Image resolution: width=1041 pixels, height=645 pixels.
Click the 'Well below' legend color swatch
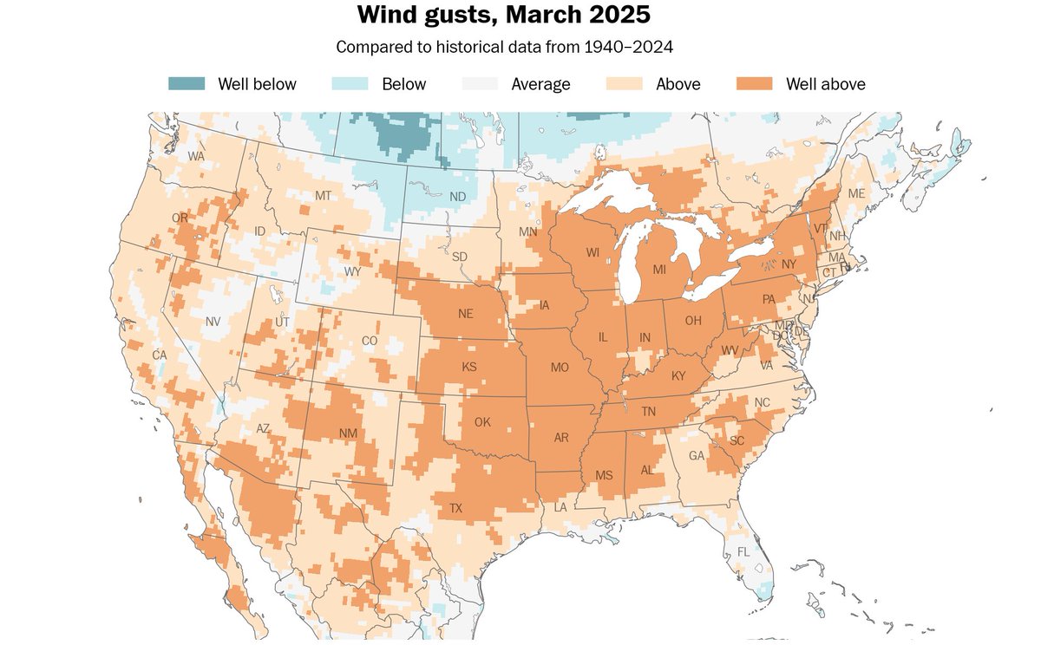[x=187, y=84]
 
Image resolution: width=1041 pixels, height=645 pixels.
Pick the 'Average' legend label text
[x=540, y=84]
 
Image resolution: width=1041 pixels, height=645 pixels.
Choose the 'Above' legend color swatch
[x=625, y=84]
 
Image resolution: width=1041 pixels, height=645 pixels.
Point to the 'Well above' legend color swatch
[x=755, y=84]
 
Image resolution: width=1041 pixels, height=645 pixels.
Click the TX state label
[x=456, y=508]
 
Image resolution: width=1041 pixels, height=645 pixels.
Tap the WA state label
[x=196, y=156]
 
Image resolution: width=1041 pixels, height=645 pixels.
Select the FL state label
[x=743, y=551]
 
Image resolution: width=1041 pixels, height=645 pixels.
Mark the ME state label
[x=856, y=193]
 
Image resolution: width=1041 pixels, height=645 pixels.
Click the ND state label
[x=457, y=197]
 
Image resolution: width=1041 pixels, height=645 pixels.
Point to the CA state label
[x=160, y=355]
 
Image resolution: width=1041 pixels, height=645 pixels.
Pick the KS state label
[x=469, y=367]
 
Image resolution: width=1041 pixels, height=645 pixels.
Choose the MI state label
[x=659, y=270]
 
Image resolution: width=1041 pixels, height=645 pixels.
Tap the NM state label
[x=347, y=433]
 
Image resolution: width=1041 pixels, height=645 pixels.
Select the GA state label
[x=697, y=455]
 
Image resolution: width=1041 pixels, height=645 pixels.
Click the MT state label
[x=324, y=196]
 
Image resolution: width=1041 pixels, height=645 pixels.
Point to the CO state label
[x=370, y=341]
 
